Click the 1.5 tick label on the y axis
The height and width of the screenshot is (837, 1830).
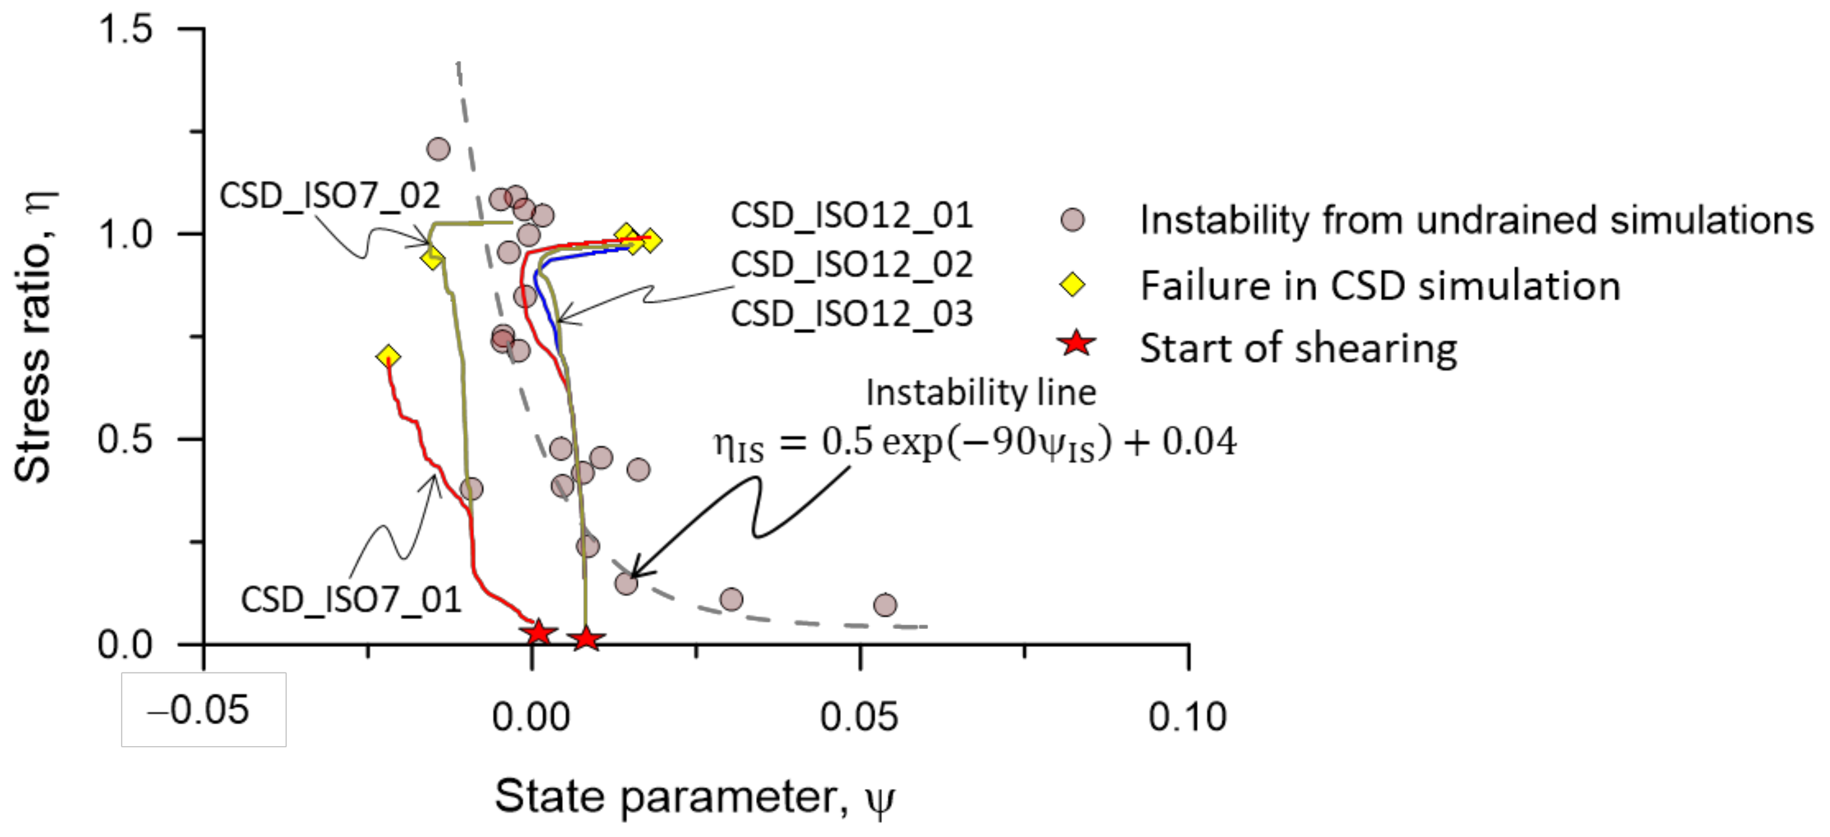(x=126, y=30)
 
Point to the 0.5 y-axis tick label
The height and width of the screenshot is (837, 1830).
(x=126, y=438)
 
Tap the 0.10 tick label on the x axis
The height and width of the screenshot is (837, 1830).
(x=1187, y=716)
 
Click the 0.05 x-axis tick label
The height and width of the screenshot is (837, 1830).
(x=859, y=716)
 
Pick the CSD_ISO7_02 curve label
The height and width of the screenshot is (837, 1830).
(x=330, y=195)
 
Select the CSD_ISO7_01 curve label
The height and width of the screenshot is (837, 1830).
(x=351, y=600)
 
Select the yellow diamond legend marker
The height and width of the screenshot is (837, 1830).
(x=1073, y=285)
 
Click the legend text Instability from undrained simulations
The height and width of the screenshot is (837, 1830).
(x=1476, y=220)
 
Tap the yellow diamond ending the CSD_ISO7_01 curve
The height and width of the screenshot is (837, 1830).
(x=388, y=356)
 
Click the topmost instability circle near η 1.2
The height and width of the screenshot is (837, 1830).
(x=438, y=149)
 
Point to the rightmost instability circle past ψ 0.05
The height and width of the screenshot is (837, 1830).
(x=884, y=605)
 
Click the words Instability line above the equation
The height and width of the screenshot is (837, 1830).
(x=981, y=392)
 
